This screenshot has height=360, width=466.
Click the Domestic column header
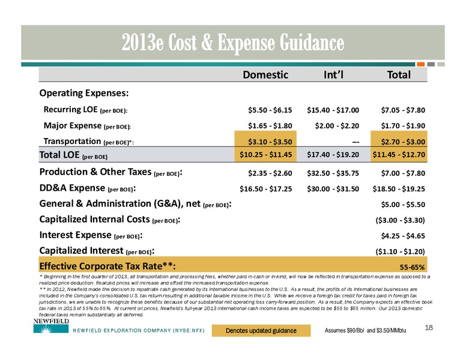pos(265,74)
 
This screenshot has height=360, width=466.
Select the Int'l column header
pos(333,74)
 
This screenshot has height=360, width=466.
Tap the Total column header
pos(399,74)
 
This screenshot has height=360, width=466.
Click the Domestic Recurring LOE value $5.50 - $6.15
pos(270,110)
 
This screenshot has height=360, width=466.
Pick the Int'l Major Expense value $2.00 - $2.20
pos(337,126)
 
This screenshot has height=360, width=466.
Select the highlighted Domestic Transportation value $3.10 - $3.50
pos(270,142)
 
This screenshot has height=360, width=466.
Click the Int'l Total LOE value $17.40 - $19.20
pos(333,154)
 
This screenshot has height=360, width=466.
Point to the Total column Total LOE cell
pos(399,154)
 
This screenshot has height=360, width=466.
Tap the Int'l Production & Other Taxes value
pos(333,173)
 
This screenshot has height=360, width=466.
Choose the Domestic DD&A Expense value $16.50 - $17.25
pos(266,189)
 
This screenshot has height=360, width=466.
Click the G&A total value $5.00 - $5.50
pos(404,205)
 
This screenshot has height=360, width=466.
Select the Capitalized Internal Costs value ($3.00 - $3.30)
pos(401,220)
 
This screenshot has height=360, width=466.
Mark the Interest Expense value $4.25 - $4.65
pos(404,236)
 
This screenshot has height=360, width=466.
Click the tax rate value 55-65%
pos(412,268)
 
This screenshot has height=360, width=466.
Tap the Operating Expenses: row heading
pos(84,93)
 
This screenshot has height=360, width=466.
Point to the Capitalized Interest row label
pos(97,251)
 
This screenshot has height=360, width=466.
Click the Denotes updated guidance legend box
pos(261,331)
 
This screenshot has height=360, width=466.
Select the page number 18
pos(429,328)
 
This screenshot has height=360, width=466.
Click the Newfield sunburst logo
pos(47,329)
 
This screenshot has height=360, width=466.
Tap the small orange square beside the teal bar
pos(420,64)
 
